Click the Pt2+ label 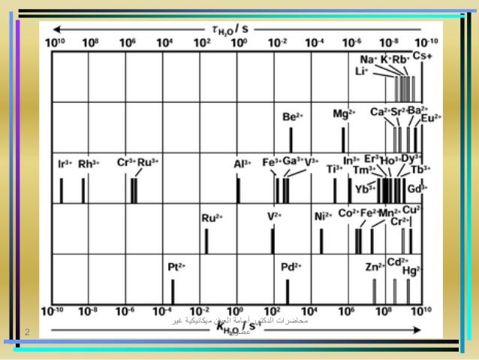click(177, 266)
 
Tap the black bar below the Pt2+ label click(173, 291)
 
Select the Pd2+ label click(291, 266)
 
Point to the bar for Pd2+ click(287, 291)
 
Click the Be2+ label click(292, 117)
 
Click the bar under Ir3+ click(62, 190)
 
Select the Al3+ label click(241, 162)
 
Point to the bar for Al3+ click(238, 190)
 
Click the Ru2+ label click(212, 218)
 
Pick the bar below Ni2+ click(321, 241)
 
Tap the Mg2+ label click(343, 113)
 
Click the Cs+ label click(423, 56)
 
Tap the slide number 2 click(26, 331)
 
